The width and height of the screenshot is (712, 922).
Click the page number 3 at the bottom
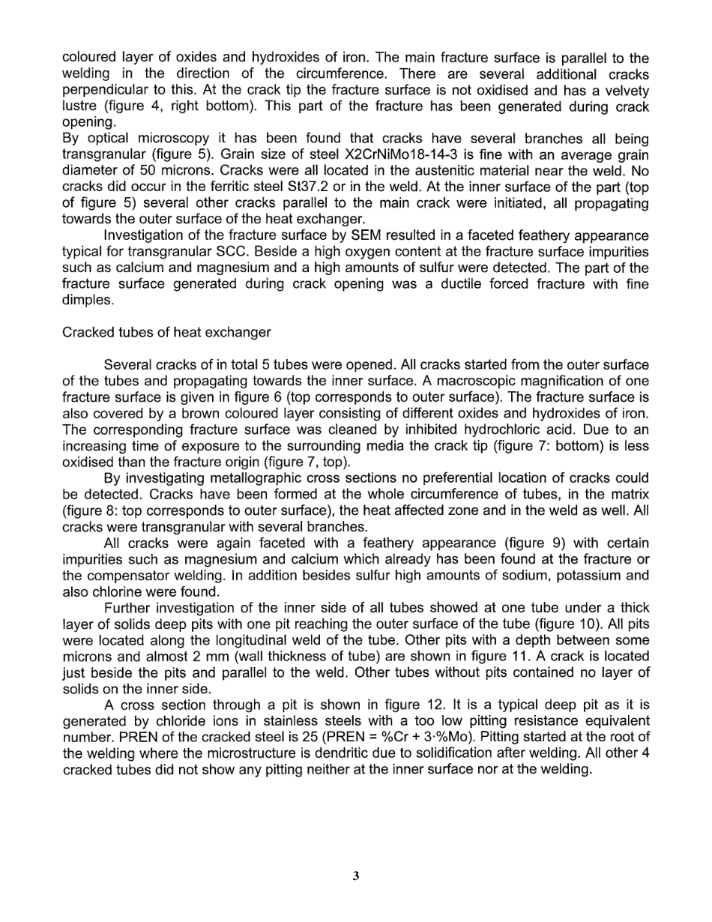[356, 876]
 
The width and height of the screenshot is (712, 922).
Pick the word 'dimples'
[88, 301]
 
